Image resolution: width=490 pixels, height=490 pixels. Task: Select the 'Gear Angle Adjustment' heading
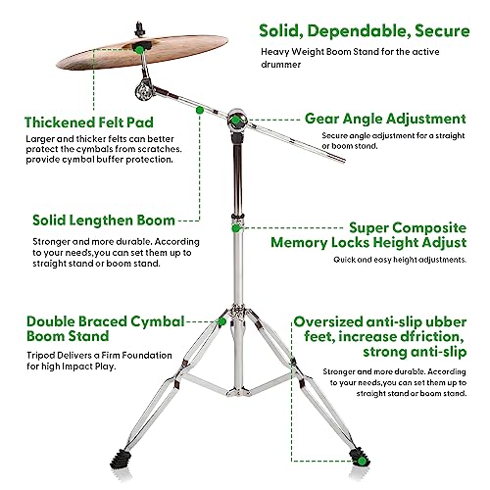coord(385,119)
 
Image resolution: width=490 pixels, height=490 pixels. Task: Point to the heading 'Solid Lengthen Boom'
coord(104,220)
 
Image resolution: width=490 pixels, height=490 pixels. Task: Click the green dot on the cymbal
coord(140,47)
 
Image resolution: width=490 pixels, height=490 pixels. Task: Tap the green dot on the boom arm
coord(199,111)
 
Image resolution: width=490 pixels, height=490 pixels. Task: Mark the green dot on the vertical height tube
coord(236,227)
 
